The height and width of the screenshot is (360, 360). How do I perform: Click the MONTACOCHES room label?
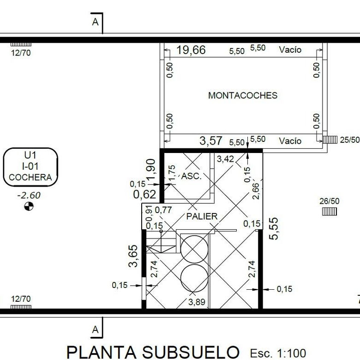(243, 95)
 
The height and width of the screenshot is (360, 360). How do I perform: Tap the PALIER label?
(202, 216)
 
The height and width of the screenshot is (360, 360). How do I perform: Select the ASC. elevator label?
(191, 176)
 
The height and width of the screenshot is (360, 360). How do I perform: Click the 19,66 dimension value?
(191, 50)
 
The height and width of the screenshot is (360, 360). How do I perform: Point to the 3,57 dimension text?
(211, 140)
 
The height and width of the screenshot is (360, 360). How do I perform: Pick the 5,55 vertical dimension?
(274, 229)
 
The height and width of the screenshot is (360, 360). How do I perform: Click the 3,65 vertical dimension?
(133, 256)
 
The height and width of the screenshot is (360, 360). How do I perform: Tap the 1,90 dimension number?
(151, 170)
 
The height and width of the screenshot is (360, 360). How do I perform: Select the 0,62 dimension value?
(144, 195)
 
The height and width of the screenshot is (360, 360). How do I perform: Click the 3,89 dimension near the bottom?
(197, 302)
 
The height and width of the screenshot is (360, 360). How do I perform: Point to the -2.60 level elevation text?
(29, 195)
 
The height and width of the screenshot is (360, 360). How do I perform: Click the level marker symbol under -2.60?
(29, 206)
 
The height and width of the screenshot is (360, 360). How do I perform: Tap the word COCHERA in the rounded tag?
(30, 177)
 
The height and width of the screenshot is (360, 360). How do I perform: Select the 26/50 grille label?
(329, 201)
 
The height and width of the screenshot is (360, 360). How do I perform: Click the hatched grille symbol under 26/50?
(330, 212)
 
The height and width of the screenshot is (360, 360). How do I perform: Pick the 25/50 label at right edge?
(350, 140)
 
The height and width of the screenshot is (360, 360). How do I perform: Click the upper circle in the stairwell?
(194, 249)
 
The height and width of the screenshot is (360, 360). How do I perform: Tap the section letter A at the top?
(95, 22)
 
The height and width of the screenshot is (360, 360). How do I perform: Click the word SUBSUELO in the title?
(191, 352)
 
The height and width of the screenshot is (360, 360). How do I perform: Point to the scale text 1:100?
(292, 353)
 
